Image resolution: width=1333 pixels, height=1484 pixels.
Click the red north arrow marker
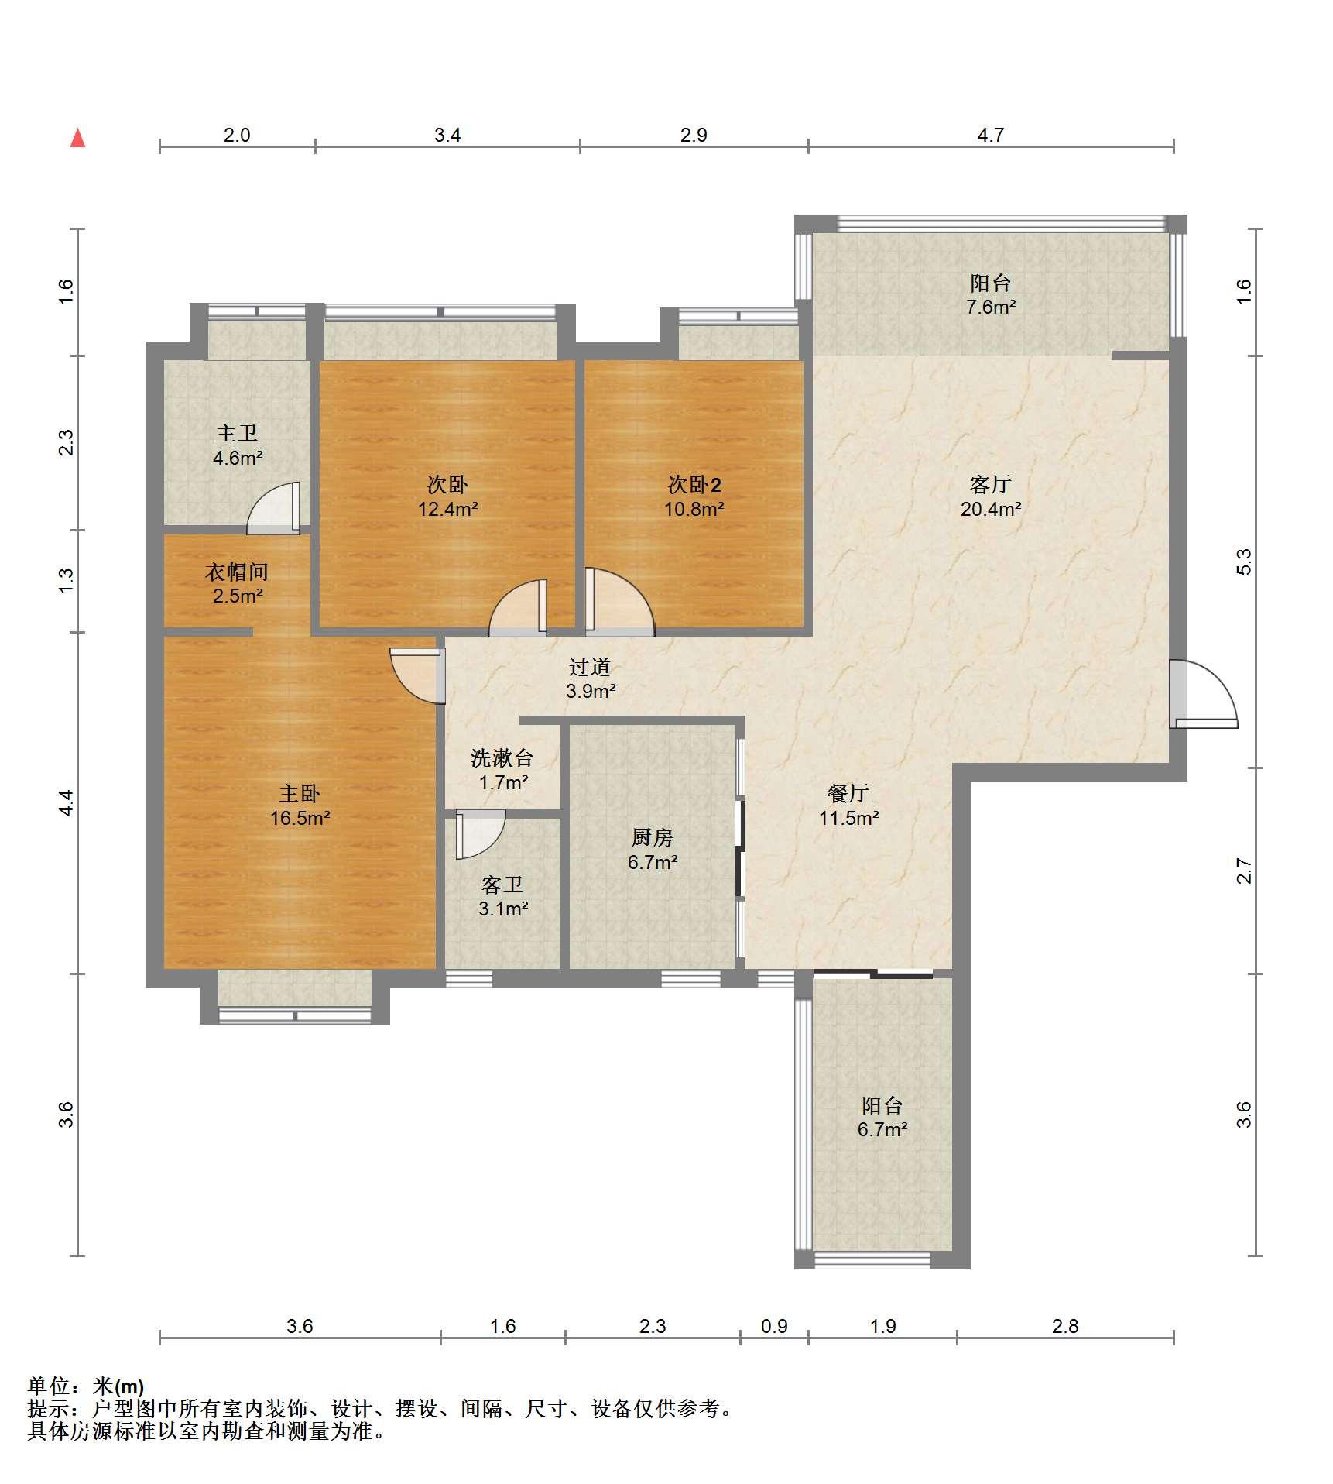pyautogui.click(x=77, y=138)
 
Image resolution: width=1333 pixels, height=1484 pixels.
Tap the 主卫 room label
pyautogui.click(x=237, y=433)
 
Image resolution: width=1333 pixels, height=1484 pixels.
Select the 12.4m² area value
pyautogui.click(x=448, y=509)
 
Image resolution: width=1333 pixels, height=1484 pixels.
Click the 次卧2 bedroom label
pyautogui.click(x=694, y=485)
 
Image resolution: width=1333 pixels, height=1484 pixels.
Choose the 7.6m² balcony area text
pyautogui.click(x=991, y=307)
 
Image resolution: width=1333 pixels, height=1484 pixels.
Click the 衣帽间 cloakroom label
pyautogui.click(x=237, y=572)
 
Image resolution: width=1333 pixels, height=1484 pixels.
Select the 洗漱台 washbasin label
pyautogui.click(x=502, y=757)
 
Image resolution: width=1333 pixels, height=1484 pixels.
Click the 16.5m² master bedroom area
pyautogui.click(x=300, y=818)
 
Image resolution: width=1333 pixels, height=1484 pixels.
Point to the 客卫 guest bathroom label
pyautogui.click(x=502, y=884)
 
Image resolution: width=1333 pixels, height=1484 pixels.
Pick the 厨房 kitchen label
pyautogui.click(x=653, y=837)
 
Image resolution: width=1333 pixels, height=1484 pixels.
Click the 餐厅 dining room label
pyautogui.click(x=848, y=793)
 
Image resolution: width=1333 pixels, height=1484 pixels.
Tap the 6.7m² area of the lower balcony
pyautogui.click(x=882, y=1129)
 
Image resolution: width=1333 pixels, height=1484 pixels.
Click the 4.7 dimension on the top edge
pyautogui.click(x=991, y=136)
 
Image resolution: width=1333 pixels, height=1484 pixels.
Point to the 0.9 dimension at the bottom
pyautogui.click(x=774, y=1326)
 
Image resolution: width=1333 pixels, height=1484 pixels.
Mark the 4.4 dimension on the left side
pyautogui.click(x=67, y=802)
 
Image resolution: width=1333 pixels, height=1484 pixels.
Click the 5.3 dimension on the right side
pyautogui.click(x=1243, y=562)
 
